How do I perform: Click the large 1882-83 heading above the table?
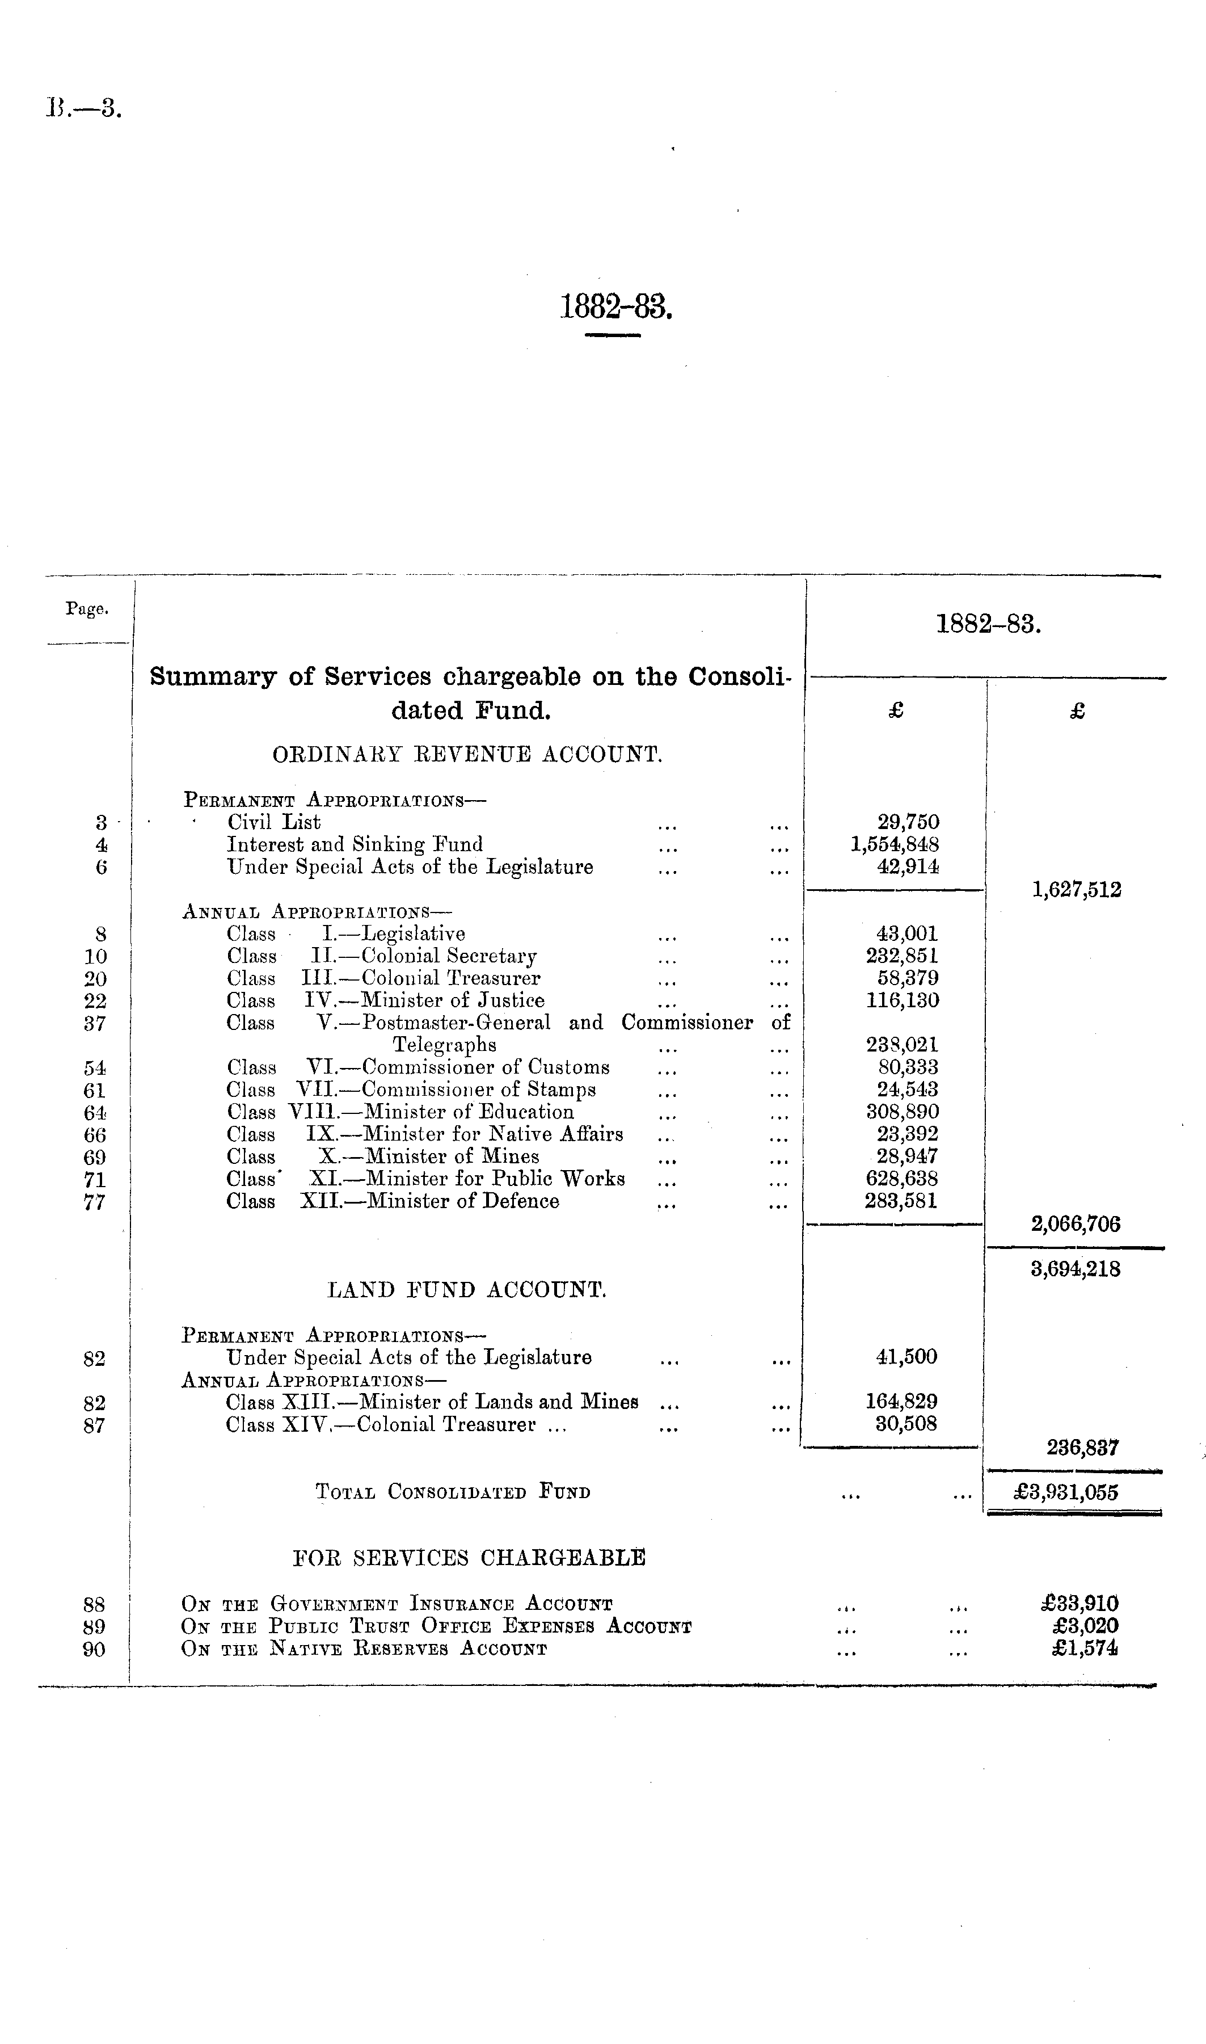click(x=616, y=308)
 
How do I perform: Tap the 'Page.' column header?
click(x=87, y=609)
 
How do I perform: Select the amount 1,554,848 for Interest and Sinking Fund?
click(x=895, y=844)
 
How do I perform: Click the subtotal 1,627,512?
click(x=1076, y=890)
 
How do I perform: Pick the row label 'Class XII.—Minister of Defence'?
click(x=393, y=1201)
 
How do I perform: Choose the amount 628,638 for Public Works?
click(x=901, y=1179)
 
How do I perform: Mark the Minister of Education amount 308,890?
click(x=901, y=1112)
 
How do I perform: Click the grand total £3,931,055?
click(x=1066, y=1492)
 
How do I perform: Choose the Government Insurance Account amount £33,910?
click(x=1080, y=1604)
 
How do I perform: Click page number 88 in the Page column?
click(x=94, y=1604)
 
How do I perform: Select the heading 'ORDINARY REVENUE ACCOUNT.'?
click(x=467, y=755)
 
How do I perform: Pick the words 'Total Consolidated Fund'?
click(x=453, y=1492)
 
